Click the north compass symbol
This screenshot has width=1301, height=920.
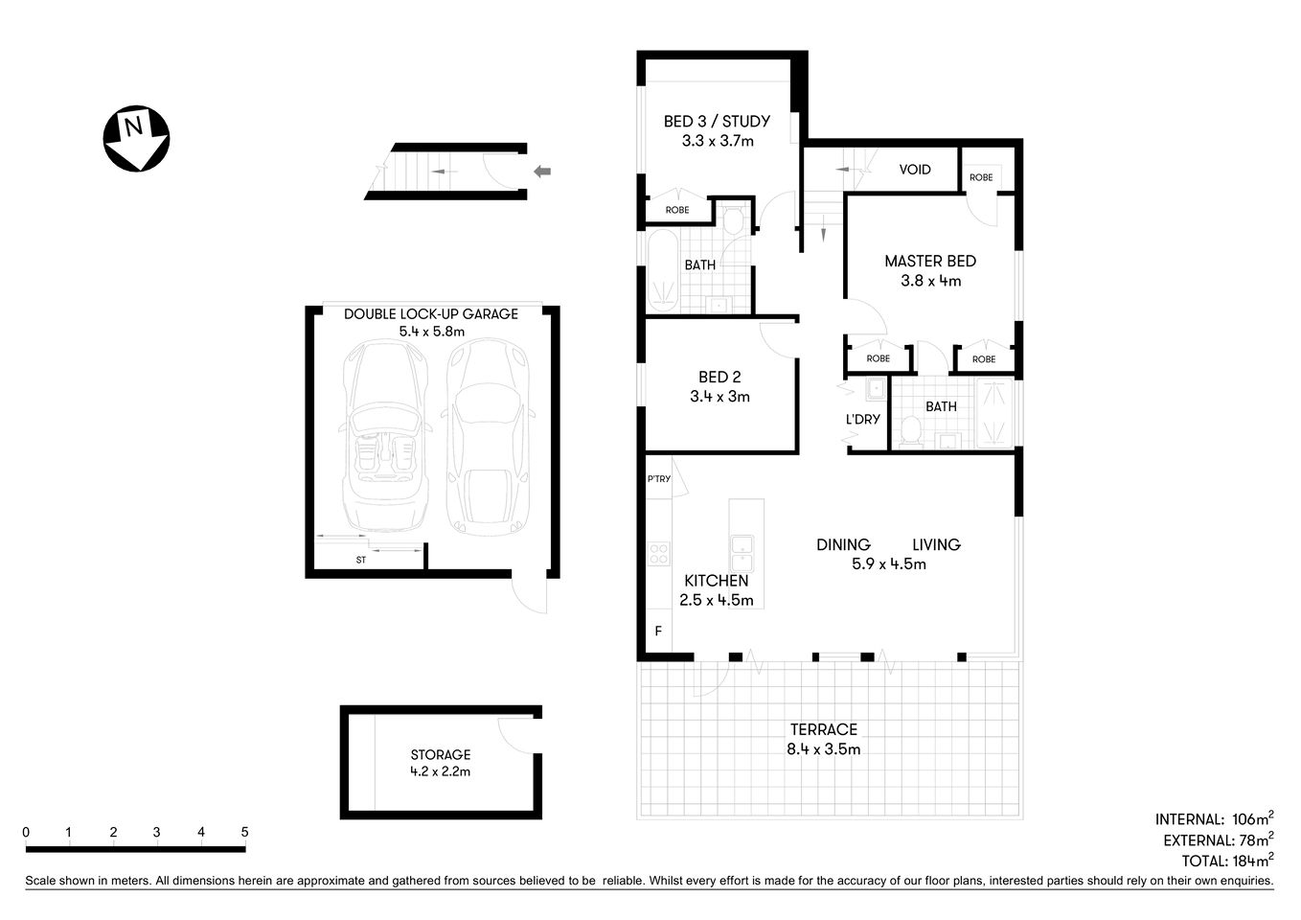pos(136,138)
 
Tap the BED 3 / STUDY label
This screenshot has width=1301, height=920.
pos(717,122)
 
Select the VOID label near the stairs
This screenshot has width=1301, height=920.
pos(914,170)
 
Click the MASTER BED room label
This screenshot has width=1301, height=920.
pos(929,261)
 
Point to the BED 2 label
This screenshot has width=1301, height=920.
pos(719,378)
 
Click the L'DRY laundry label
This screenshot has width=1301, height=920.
pos(862,419)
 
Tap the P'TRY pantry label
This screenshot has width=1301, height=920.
pos(658,479)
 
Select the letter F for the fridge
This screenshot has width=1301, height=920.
pos(658,631)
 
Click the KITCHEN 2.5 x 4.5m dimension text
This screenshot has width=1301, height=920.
pos(718,601)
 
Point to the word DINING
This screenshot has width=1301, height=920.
pos(843,544)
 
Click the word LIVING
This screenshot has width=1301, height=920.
pos(936,544)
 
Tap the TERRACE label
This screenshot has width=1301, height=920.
pos(823,729)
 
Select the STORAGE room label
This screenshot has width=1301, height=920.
pos(440,754)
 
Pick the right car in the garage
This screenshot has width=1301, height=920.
pos(487,436)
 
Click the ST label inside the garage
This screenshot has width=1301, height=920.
pos(361,560)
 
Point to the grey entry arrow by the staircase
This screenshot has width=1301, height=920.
pos(542,172)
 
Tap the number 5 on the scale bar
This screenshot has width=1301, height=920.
pos(245,832)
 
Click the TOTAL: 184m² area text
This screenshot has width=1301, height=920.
pos(1226,860)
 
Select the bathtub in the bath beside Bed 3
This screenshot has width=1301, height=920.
pos(661,271)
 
